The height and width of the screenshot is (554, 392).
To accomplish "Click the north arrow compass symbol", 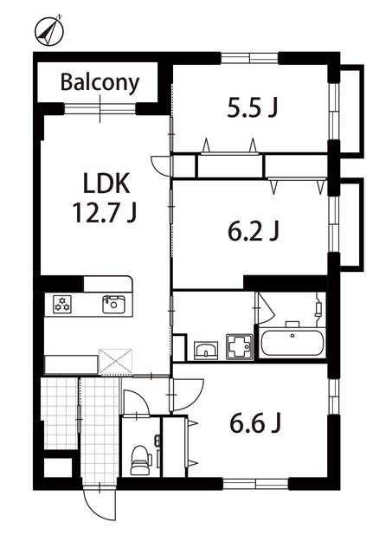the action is point(48,31).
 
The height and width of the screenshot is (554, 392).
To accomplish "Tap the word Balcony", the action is point(100,83).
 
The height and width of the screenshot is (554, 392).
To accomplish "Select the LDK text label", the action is point(106,184).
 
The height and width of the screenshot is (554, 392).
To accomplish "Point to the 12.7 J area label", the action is point(105,213).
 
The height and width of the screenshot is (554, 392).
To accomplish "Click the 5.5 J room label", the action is point(252,107).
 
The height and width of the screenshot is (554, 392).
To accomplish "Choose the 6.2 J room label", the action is point(254,231).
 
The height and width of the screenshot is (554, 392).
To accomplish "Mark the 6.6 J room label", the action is point(255,423).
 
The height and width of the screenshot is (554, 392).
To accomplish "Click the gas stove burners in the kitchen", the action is point(62,304).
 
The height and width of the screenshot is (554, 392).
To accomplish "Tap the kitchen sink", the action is point(113,304).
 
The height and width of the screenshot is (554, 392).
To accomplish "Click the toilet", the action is point(140,460).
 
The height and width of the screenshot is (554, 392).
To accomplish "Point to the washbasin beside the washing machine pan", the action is point(206,351).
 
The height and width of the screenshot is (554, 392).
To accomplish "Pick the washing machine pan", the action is point(240,347).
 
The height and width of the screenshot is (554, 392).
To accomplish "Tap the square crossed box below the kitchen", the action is point(115,361).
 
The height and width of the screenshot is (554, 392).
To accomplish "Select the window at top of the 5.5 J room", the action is point(250,58).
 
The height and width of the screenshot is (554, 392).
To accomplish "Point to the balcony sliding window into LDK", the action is point(100,109).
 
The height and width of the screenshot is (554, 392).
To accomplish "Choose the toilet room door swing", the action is point(137,403).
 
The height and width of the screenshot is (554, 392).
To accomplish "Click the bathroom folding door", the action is point(264,308).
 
